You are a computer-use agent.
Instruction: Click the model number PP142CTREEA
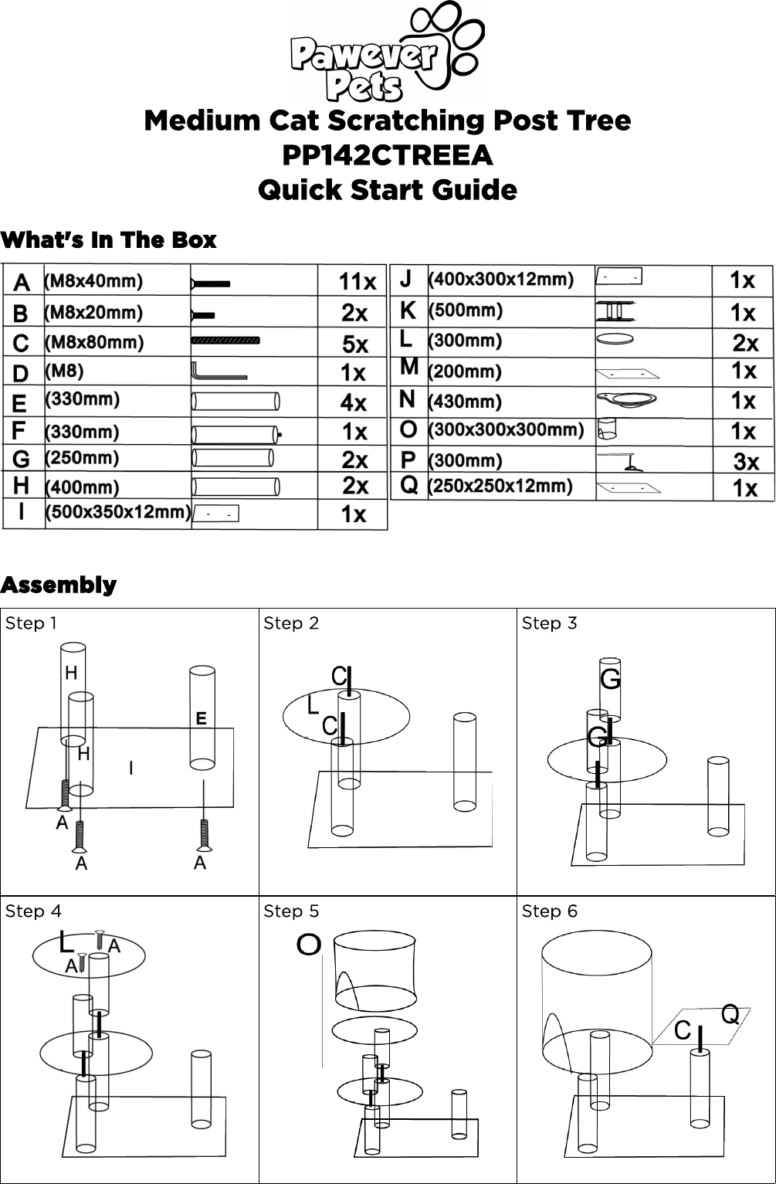coord(387,155)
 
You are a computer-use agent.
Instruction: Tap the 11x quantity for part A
coord(358,283)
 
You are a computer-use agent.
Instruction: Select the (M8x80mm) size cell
coord(95,341)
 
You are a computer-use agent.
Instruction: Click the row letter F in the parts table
coord(20,430)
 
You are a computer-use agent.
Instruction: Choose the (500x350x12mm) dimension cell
coord(117,512)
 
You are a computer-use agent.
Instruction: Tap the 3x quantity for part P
coord(746,462)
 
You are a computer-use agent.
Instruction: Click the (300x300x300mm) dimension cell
coord(506,429)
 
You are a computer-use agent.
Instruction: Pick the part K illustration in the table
coord(615,311)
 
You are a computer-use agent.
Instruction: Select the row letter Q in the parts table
coord(409,486)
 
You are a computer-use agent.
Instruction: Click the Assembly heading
coord(59,585)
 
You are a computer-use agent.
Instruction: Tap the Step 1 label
coord(31,623)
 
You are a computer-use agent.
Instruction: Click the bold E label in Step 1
coord(201,718)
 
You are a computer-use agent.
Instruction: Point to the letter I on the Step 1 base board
coord(131,768)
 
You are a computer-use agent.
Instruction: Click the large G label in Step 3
coord(610,680)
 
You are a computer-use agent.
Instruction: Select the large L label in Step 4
coord(67,942)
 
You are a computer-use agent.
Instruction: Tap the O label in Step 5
coord(309,944)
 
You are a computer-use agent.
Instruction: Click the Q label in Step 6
coord(730,1014)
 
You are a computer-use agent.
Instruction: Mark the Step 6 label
coord(549,911)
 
